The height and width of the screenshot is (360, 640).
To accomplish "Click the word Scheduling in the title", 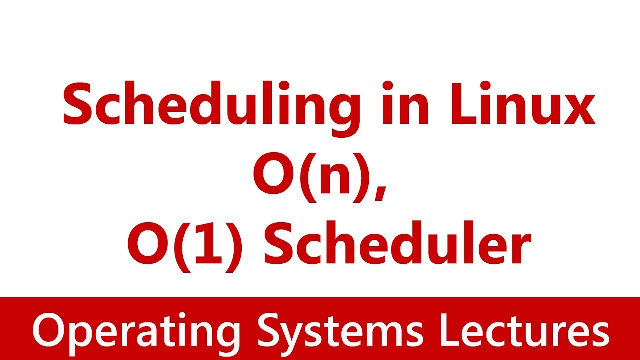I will point(210,106).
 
